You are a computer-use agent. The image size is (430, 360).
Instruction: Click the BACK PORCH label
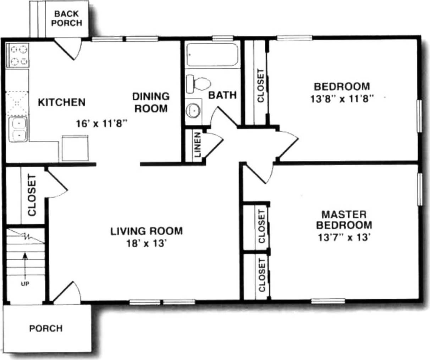pyautogui.click(x=67, y=18)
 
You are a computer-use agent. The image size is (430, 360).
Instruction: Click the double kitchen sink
pyautogui.click(x=18, y=129)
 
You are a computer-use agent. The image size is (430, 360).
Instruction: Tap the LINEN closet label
pyautogui.click(x=197, y=145)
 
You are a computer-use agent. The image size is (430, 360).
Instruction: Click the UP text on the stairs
pyautogui.click(x=25, y=284)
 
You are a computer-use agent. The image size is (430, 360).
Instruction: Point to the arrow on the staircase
pyautogui.click(x=25, y=264)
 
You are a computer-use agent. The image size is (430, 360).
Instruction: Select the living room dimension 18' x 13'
pyautogui.click(x=147, y=244)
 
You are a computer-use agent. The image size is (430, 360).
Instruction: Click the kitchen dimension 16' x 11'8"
pyautogui.click(x=101, y=124)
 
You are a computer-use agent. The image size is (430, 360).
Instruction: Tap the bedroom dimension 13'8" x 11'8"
pyautogui.click(x=342, y=99)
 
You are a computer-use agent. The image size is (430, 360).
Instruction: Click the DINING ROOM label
pyautogui.click(x=151, y=102)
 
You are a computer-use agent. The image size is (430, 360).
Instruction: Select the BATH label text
pyautogui.click(x=222, y=95)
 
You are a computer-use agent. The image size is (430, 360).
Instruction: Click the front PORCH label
pyautogui.click(x=46, y=328)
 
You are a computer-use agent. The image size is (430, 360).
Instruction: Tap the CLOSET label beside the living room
pyautogui.click(x=32, y=195)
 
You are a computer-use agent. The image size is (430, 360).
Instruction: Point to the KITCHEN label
pyautogui.click(x=62, y=102)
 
